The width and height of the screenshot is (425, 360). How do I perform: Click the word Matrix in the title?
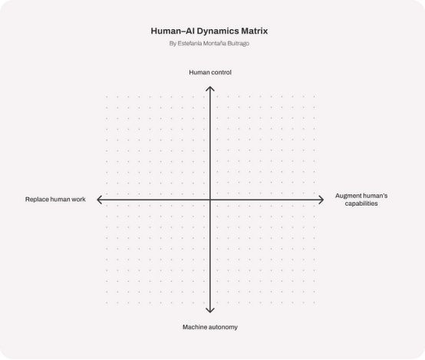[254, 31]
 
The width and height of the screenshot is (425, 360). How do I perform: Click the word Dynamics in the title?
[218, 31]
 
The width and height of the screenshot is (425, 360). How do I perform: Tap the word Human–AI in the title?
[173, 31]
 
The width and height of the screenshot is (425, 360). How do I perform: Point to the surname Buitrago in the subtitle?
[239, 44]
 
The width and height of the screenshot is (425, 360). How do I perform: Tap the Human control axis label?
[210, 72]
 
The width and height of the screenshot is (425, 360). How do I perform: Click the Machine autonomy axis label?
[210, 327]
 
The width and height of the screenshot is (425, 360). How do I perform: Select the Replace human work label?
[55, 200]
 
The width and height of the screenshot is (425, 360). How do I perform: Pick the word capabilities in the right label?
[361, 203]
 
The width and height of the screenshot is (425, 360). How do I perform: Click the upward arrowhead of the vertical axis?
[210, 88]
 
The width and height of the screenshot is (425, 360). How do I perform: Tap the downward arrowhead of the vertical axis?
[210, 311]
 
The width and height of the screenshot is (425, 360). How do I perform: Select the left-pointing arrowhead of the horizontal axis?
[98, 200]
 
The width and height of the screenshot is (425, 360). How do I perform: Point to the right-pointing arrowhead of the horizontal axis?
[322, 200]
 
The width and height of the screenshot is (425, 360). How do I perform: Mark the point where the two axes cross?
[210, 200]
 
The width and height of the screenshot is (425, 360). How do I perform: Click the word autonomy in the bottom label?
[224, 328]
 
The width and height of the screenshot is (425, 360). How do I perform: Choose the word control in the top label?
[222, 72]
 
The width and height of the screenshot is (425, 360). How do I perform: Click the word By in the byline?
[173, 44]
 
